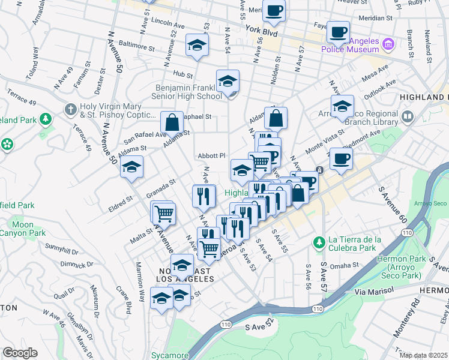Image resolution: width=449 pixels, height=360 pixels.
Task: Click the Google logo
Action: coord(20,353)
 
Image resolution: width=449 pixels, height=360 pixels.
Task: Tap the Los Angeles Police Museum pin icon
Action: coord(388,44)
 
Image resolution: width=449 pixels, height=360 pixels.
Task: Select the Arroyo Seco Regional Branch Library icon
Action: coord(408,116)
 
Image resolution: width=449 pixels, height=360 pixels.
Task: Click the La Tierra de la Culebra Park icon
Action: coord(319,242)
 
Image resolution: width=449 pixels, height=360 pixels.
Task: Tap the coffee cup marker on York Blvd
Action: coord(274,11)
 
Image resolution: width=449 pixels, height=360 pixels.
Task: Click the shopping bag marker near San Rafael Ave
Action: coord(172,122)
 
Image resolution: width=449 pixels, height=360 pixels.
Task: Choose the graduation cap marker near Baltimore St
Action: coord(196,46)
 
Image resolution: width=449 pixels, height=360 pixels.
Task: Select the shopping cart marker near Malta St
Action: coord(164,213)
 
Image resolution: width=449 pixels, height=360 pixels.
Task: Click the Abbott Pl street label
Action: coord(211,156)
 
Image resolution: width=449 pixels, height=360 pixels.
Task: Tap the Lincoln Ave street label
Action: coord(168,23)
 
